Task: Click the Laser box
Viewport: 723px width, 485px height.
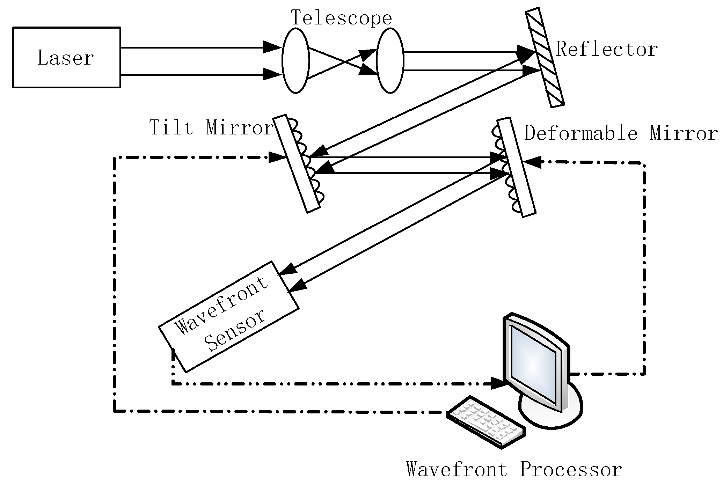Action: coord(66,58)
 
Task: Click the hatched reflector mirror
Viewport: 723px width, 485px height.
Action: coord(545,58)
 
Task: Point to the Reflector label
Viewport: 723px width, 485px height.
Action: coord(607,49)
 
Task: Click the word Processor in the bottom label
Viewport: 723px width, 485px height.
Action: coord(571,469)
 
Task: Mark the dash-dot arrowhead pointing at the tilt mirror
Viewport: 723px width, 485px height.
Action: coord(277,157)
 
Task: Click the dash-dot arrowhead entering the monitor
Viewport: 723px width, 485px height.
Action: coord(499,383)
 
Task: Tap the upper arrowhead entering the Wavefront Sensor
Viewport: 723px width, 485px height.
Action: coord(288,269)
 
